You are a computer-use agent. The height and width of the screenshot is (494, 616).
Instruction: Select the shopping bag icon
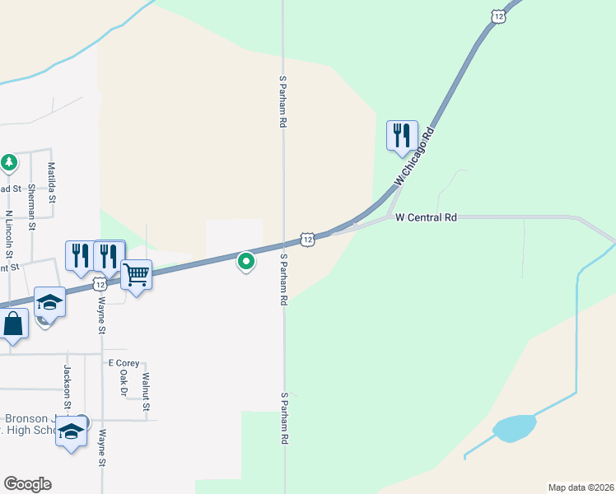point(14,323)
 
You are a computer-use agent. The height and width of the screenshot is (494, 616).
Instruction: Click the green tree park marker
point(9,162)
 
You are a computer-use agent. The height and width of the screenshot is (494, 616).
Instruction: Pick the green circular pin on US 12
point(245,262)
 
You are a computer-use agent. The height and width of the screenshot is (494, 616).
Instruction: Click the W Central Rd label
point(426,218)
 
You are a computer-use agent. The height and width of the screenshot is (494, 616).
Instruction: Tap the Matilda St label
point(51,183)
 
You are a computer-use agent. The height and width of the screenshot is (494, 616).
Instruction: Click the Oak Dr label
point(124,383)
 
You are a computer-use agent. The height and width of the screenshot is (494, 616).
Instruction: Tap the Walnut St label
point(145,392)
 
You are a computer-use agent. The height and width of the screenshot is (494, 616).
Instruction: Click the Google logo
point(27,484)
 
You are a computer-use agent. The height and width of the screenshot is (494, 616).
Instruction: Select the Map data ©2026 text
point(581,487)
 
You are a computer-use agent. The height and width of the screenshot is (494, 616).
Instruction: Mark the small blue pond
point(514,428)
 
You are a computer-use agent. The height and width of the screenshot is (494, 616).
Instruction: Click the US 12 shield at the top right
point(498,16)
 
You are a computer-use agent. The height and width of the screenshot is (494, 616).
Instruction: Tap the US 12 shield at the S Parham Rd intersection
point(306,239)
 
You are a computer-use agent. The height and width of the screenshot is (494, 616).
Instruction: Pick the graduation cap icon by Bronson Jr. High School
point(71,433)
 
